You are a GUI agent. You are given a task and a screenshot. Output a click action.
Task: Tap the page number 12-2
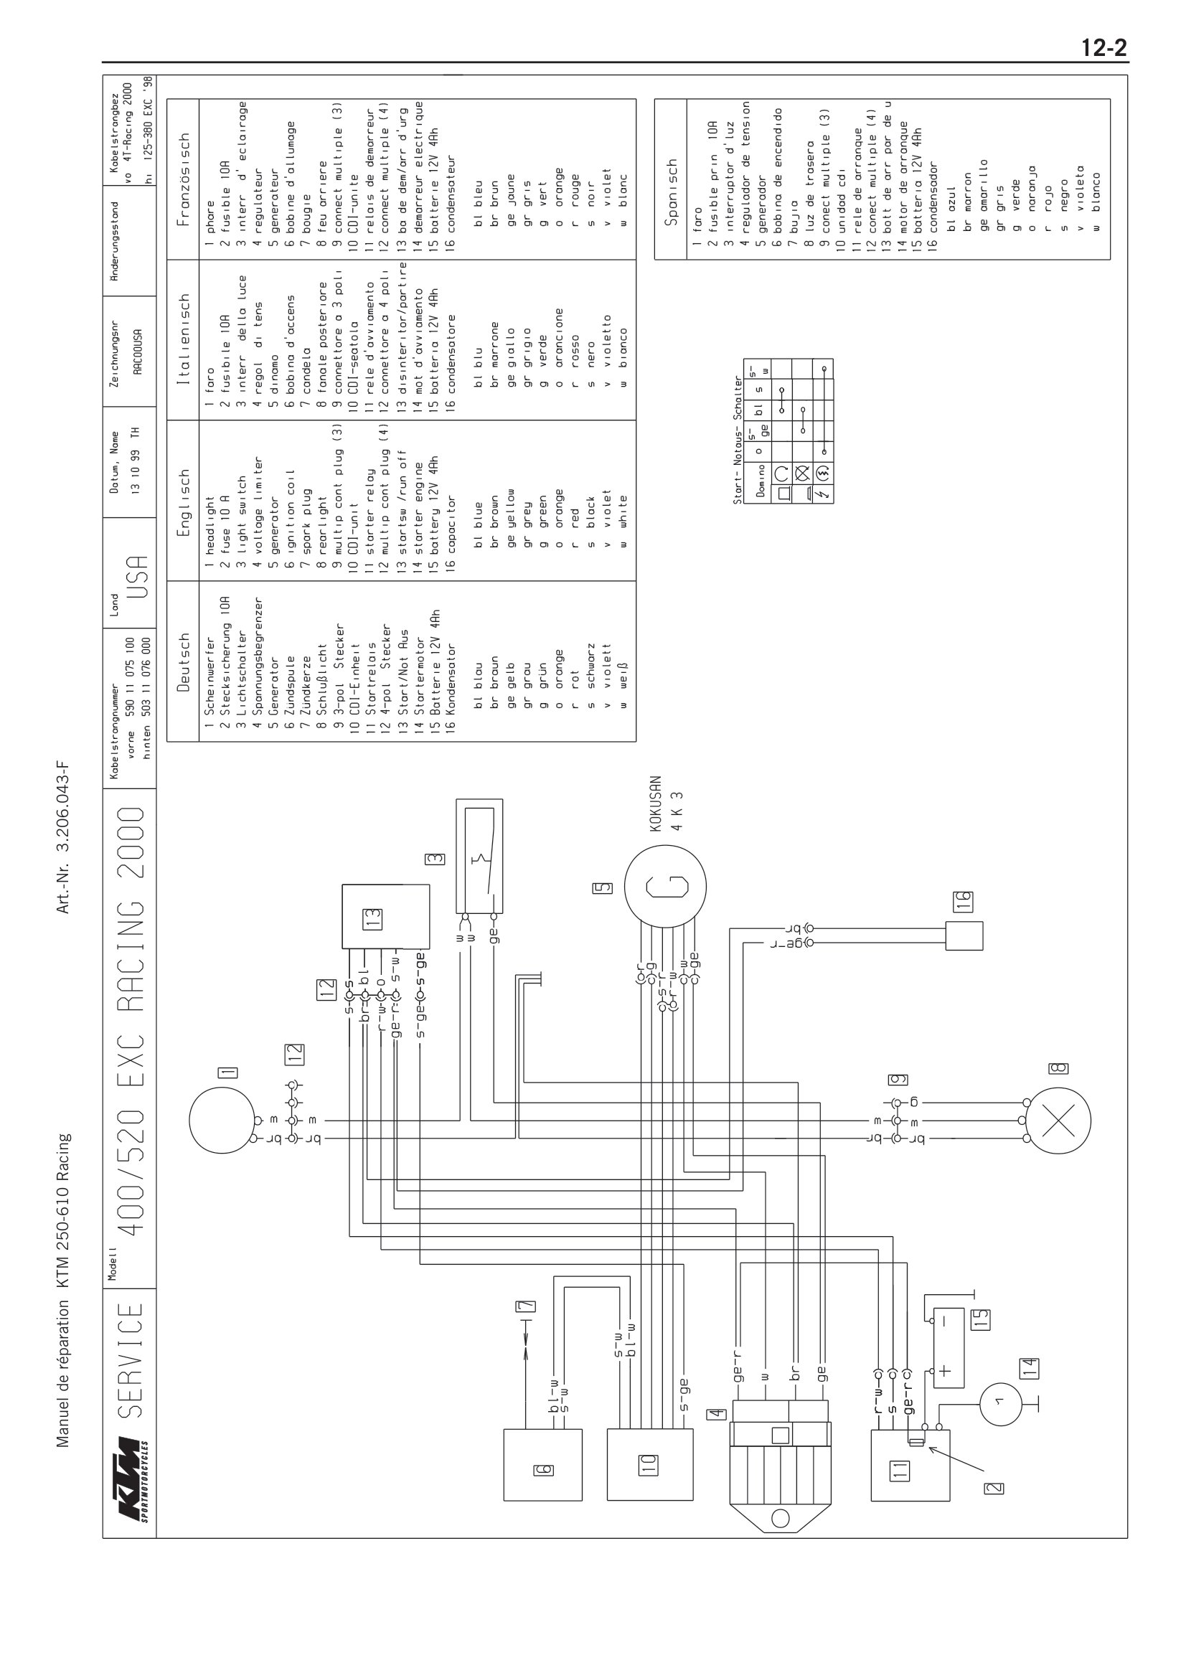pos(1104,48)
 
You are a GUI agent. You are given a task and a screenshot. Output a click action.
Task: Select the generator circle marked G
pos(665,887)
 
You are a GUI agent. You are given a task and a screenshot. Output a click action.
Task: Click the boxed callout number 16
pos(963,900)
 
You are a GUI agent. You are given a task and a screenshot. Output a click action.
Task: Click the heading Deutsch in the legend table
pos(184,662)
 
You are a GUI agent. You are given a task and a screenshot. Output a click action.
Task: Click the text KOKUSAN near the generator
pos(656,803)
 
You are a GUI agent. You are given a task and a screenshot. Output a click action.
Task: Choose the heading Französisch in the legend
pos(184,179)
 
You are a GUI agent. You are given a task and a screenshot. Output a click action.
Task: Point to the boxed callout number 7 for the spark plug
pos(525,1306)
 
